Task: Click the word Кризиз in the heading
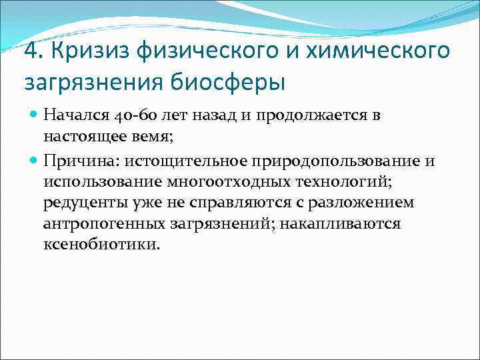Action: [82, 51]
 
